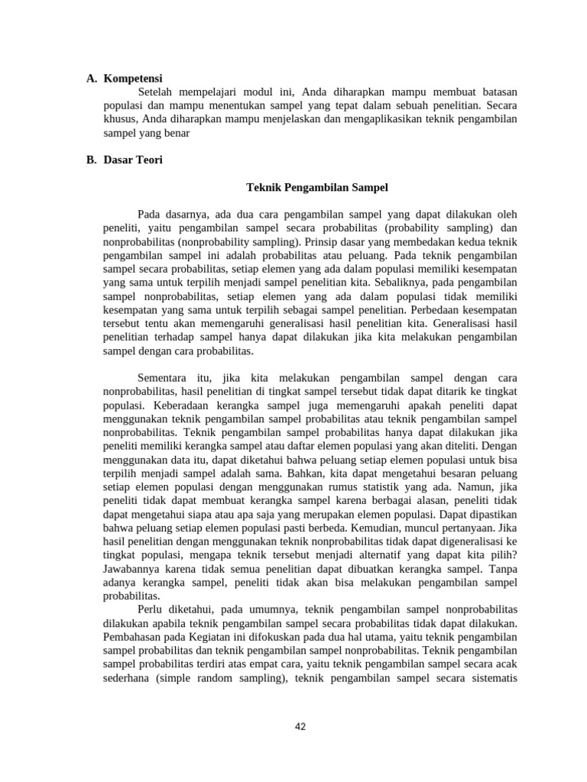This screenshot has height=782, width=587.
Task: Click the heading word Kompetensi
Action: pos(133,78)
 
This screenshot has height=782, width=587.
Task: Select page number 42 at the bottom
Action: pos(300,726)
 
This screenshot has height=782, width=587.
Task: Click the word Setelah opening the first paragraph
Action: pos(157,92)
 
